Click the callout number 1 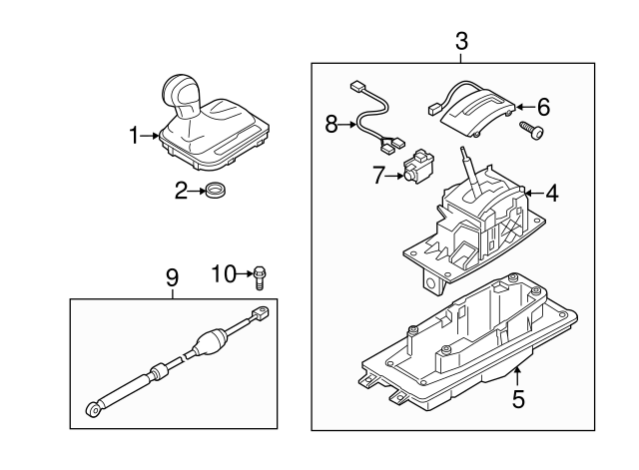(135, 136)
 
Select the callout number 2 (182, 191)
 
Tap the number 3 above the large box (461, 42)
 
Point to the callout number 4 (551, 193)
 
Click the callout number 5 (518, 399)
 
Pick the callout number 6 (544, 106)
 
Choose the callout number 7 (378, 176)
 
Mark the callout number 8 (331, 125)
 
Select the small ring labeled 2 (215, 190)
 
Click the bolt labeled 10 (260, 275)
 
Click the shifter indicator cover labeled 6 (476, 113)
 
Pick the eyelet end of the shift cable (92, 407)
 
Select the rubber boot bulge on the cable (212, 342)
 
